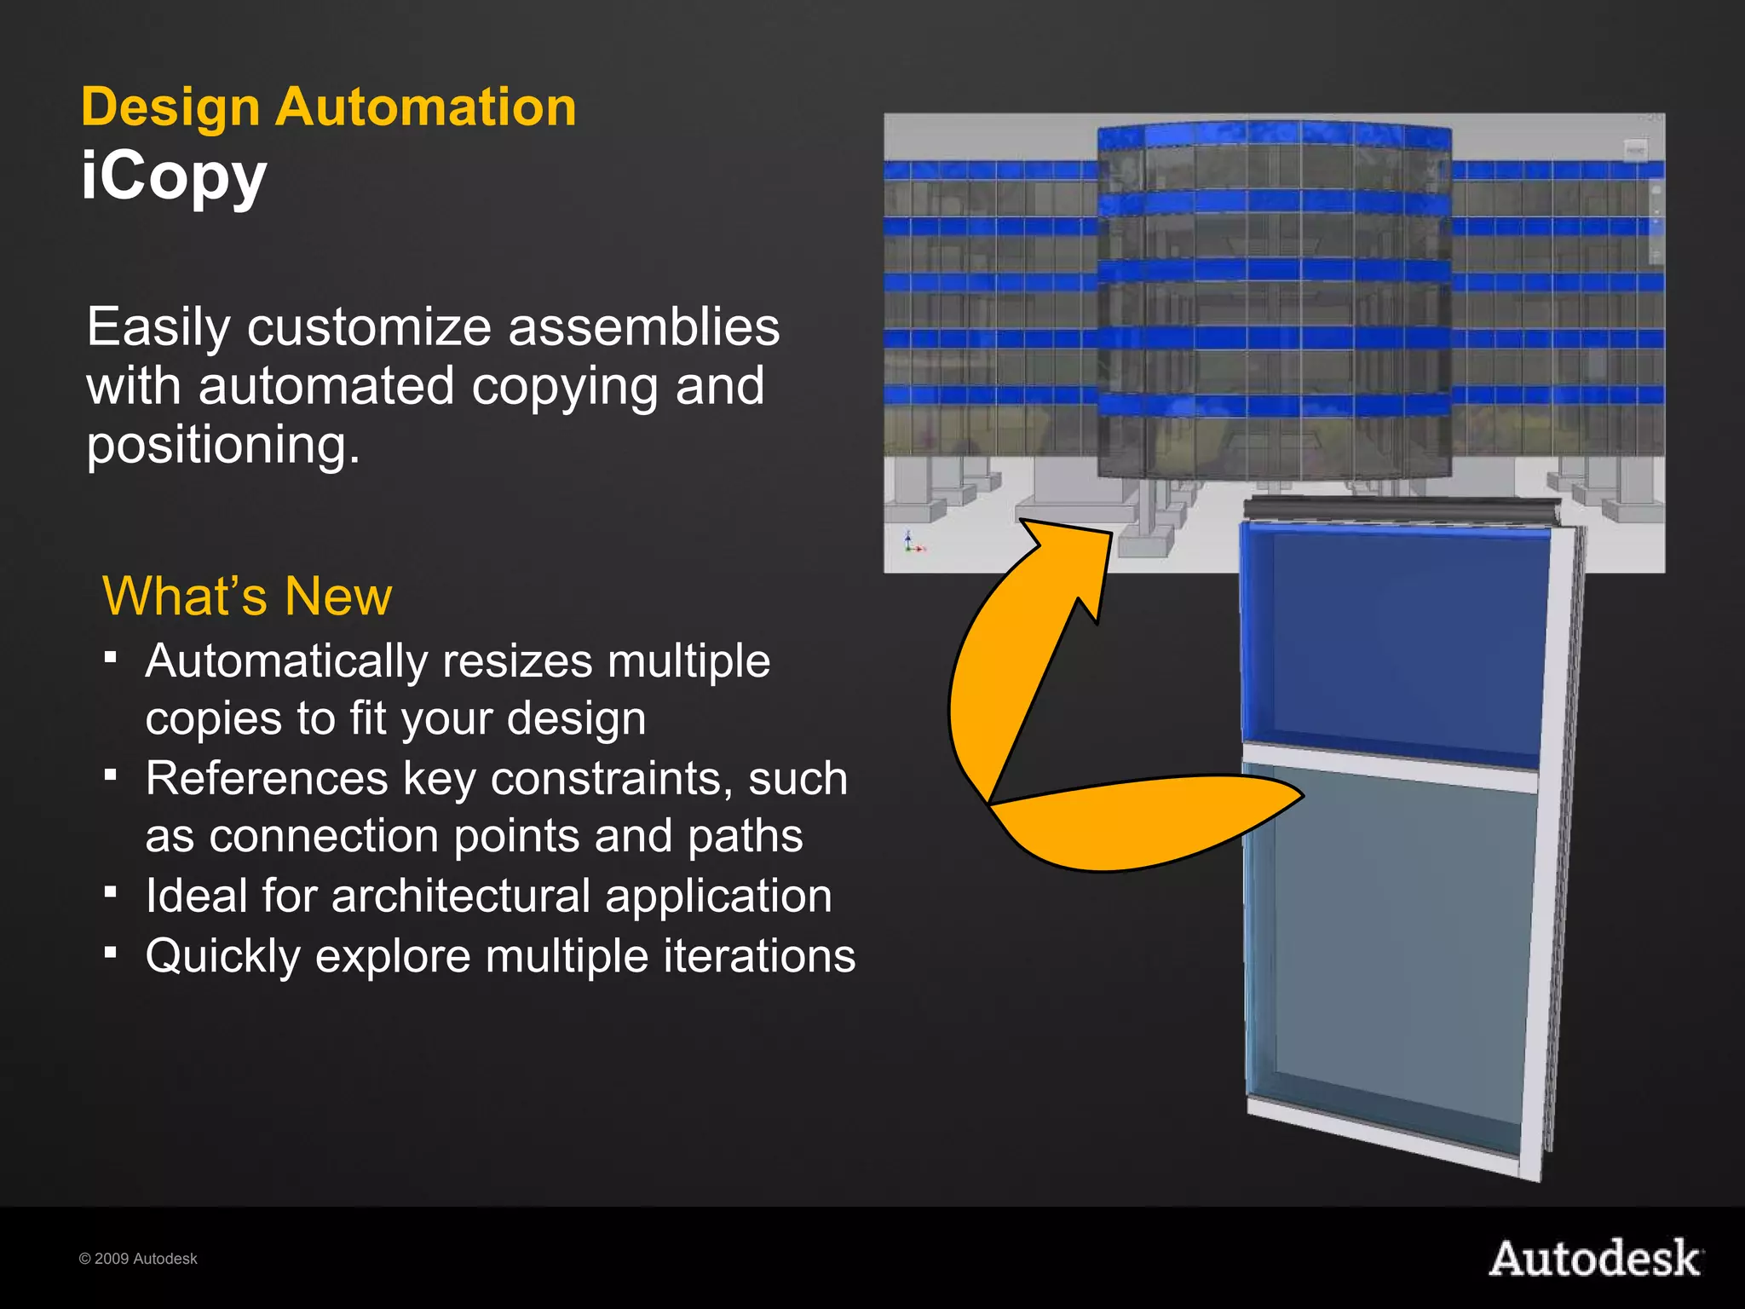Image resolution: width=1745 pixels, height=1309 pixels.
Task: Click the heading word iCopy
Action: (174, 176)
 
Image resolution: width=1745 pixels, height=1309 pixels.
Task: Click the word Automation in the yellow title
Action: (425, 107)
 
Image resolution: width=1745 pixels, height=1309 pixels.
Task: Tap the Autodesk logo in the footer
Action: (1595, 1259)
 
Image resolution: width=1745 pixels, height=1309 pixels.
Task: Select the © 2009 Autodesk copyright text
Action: (138, 1259)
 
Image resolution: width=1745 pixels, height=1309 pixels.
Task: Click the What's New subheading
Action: (247, 596)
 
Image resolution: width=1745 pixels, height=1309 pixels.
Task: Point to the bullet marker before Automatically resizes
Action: (110, 657)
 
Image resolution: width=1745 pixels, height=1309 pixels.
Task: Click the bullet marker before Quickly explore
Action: (110, 951)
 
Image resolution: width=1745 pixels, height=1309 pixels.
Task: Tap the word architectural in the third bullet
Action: (461, 896)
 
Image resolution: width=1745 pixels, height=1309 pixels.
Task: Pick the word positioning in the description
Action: (223, 444)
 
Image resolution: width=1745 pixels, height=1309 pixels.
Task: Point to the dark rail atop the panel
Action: (1402, 509)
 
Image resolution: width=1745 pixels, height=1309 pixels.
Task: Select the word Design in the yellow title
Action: (170, 107)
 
